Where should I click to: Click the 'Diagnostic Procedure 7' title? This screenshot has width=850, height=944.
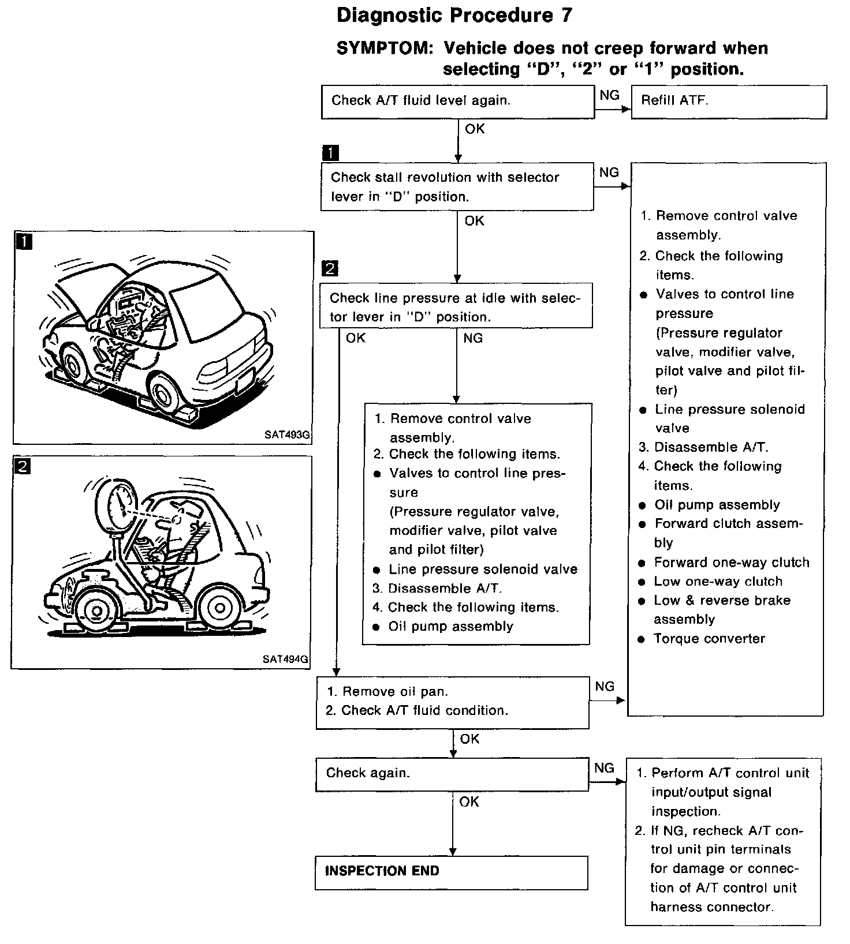(x=454, y=16)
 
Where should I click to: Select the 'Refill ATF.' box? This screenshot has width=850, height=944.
(x=729, y=102)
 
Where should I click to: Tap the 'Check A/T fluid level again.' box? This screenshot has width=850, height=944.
(x=457, y=102)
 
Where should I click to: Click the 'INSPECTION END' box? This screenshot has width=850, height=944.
(x=451, y=872)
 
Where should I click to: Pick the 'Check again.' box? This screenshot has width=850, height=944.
(x=452, y=774)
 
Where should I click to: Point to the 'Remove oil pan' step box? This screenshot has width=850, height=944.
(x=452, y=702)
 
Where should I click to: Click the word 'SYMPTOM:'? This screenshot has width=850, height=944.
(x=385, y=48)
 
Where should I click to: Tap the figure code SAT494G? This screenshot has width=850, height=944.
(x=285, y=659)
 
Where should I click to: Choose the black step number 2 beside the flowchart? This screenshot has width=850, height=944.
(x=330, y=268)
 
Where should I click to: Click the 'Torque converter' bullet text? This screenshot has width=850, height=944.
(x=709, y=639)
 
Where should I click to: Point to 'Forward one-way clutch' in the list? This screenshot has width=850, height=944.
(x=731, y=563)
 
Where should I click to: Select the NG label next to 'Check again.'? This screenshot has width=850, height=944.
(x=604, y=768)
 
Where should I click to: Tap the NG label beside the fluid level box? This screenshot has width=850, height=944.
(x=609, y=95)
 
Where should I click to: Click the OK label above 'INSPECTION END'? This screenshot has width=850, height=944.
(x=469, y=801)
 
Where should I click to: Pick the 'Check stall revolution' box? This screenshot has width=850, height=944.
(x=456, y=186)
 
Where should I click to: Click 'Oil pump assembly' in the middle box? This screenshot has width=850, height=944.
(x=450, y=627)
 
